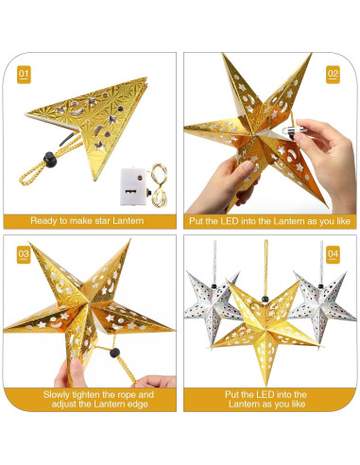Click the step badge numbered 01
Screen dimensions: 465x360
coord(25,73)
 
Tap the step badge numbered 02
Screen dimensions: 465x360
coord(333,73)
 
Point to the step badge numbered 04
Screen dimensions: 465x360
coord(333,254)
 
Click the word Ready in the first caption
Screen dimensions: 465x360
coord(46,220)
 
